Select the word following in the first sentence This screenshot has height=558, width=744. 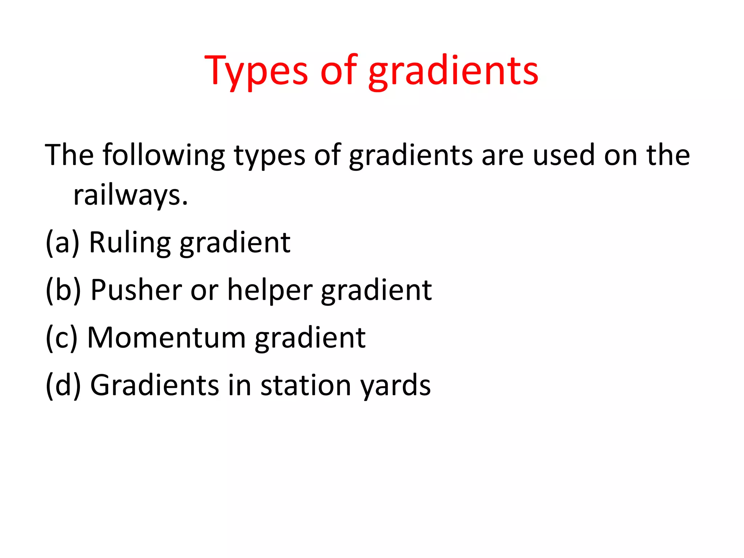coord(163,155)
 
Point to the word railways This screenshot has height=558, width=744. coord(130,195)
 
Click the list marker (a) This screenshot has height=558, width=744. coord(62,243)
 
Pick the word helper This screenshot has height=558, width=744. coord(270,291)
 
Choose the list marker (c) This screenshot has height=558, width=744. coord(61,338)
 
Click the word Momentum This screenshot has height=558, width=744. coord(166,338)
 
